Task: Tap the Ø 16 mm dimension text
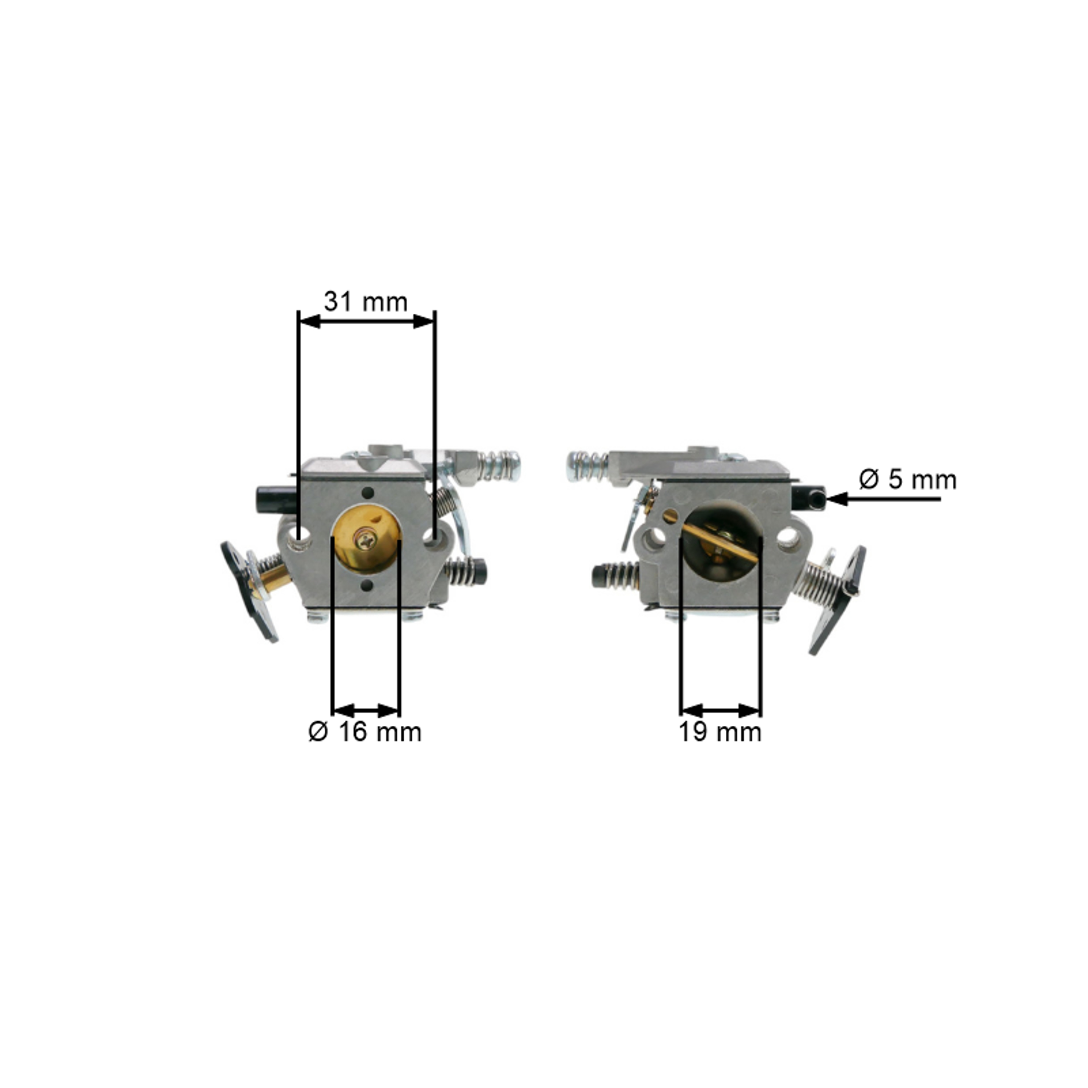coord(365,732)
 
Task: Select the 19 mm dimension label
coord(720,732)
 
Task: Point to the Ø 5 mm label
coord(907,480)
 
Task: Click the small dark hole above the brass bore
coord(368,493)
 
